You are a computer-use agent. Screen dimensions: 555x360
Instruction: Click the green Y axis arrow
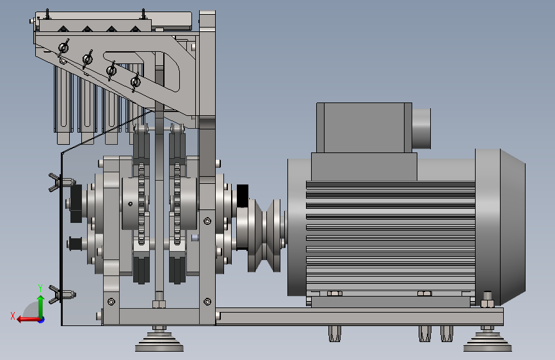(41, 306)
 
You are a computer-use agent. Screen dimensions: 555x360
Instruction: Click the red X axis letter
(13, 316)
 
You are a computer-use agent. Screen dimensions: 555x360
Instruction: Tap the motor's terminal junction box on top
(364, 128)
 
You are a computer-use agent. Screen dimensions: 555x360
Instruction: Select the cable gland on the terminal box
(421, 129)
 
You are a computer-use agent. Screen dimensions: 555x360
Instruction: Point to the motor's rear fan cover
(500, 227)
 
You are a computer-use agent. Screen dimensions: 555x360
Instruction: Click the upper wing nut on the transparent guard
(61, 183)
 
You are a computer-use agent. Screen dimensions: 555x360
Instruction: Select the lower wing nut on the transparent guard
(61, 294)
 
